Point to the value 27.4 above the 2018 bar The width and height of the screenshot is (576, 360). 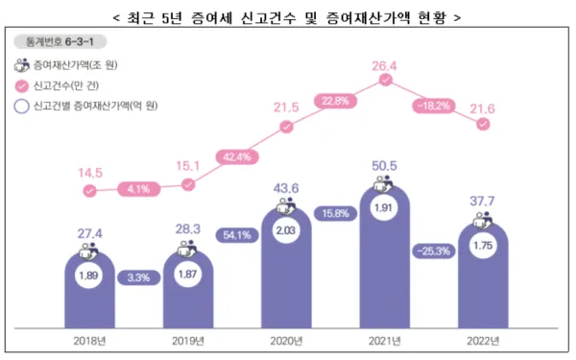coord(89,233)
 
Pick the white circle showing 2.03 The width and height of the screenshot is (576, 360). coord(286,229)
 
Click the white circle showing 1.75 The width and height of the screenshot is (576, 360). coord(483,247)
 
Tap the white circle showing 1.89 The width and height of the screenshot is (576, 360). coord(89,277)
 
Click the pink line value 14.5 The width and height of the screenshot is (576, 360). coord(89,173)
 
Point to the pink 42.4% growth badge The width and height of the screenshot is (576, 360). coord(236,156)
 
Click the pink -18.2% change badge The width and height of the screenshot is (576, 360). coord(433,105)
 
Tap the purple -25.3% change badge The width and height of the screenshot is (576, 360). coord(433,252)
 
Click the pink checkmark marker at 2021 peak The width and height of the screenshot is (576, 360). coord(384,82)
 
